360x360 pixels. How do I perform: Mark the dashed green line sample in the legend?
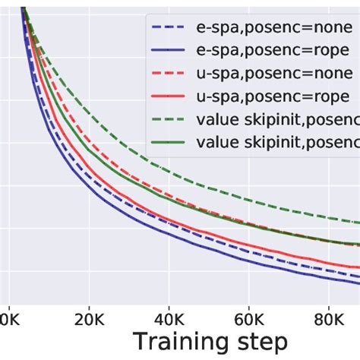pos(169,120)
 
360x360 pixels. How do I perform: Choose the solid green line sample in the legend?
pos(169,141)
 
